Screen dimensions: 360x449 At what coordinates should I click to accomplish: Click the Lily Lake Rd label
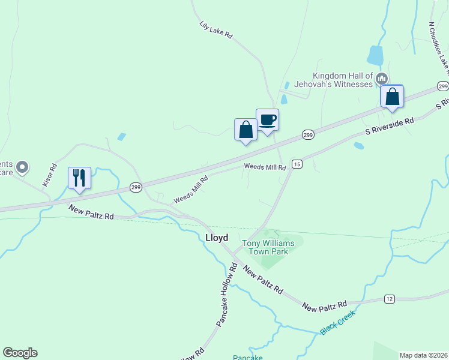pyautogui.click(x=216, y=30)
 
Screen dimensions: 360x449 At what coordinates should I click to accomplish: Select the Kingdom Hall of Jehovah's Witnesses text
pyautogui.click(x=343, y=80)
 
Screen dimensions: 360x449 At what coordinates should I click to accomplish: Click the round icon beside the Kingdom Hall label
pyautogui.click(x=381, y=79)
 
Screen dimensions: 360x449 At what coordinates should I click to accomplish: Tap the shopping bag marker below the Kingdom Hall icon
pyautogui.click(x=392, y=97)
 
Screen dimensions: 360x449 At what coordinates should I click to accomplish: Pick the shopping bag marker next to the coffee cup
pyautogui.click(x=246, y=130)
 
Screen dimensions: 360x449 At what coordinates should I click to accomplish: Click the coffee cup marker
pyautogui.click(x=268, y=120)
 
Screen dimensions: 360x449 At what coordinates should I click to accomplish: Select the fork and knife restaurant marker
pyautogui.click(x=79, y=178)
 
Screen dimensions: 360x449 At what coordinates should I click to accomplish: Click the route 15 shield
pyautogui.click(x=297, y=164)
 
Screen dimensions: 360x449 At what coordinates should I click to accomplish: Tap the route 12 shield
pyautogui.click(x=390, y=299)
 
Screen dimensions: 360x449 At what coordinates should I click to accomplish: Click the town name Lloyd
pyautogui.click(x=217, y=238)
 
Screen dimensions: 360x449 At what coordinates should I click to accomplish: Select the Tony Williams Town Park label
pyautogui.click(x=265, y=247)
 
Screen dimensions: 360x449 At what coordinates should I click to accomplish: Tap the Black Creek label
pyautogui.click(x=337, y=322)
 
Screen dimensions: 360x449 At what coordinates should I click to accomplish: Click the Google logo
pyautogui.click(x=20, y=353)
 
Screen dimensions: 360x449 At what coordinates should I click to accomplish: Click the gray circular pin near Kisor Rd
pyautogui.click(x=22, y=167)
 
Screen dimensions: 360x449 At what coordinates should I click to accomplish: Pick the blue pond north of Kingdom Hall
pyautogui.click(x=375, y=55)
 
